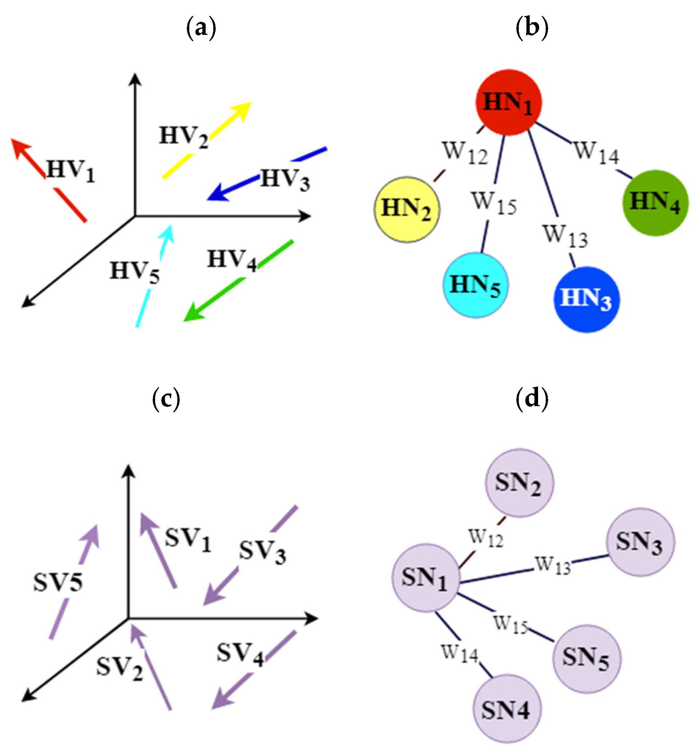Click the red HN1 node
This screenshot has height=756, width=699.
tap(508, 102)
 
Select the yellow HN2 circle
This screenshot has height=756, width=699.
tap(407, 209)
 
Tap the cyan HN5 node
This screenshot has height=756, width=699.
tap(476, 285)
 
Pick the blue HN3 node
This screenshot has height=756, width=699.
tap(587, 299)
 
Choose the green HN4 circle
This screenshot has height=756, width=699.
tap(655, 203)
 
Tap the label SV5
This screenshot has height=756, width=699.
tap(58, 582)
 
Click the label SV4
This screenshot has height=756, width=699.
tap(240, 653)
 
